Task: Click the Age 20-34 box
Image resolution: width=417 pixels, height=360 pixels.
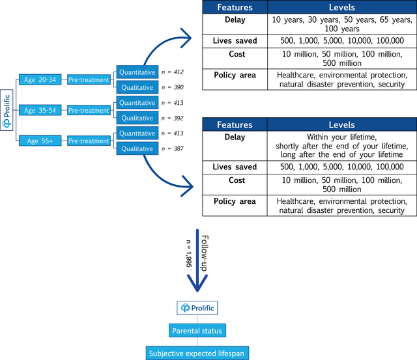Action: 39,80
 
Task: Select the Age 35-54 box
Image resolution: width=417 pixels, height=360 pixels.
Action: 39,111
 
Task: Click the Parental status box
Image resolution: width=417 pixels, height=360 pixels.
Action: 197,331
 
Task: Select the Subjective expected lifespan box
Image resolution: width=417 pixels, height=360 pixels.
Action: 197,353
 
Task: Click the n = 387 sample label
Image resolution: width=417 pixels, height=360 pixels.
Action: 173,149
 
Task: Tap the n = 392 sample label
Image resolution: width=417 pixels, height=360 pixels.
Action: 173,118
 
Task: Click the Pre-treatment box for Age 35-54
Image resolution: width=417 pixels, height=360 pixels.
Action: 89,111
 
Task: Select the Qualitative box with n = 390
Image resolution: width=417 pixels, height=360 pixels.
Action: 137,88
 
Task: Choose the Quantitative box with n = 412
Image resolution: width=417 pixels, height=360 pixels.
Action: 137,72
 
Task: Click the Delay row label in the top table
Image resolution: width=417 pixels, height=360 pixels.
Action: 235,21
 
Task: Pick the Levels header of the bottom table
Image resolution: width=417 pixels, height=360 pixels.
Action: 342,124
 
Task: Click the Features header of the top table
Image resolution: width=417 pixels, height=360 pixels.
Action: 235,7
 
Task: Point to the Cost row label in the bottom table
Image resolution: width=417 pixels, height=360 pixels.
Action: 235,180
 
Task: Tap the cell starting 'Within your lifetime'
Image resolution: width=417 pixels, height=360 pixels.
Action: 342,145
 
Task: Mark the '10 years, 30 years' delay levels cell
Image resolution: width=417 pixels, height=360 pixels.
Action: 342,25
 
